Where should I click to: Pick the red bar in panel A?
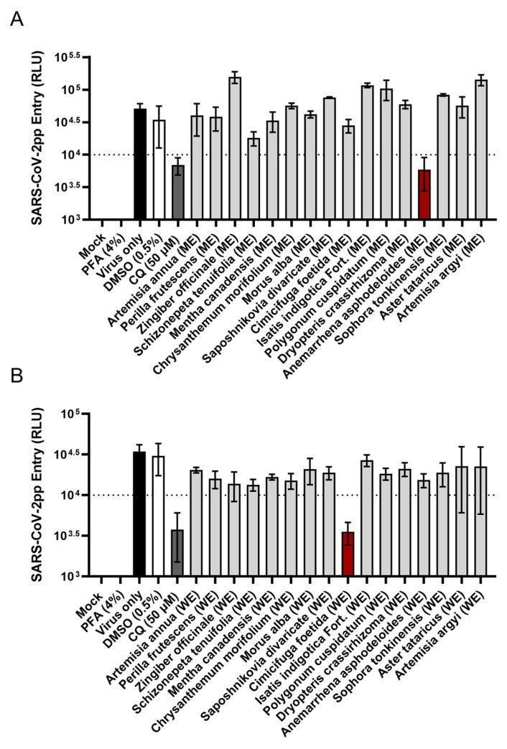tap(424, 195)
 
